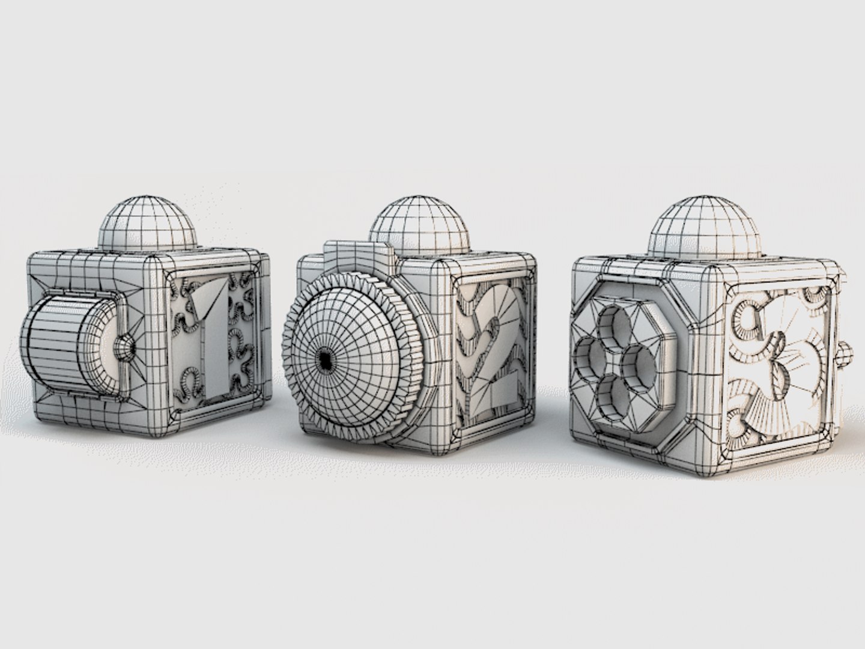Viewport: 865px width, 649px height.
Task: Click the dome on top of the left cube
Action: [149, 222]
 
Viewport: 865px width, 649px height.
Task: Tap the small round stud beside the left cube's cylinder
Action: [125, 347]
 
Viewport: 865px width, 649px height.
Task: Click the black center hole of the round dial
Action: [325, 360]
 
